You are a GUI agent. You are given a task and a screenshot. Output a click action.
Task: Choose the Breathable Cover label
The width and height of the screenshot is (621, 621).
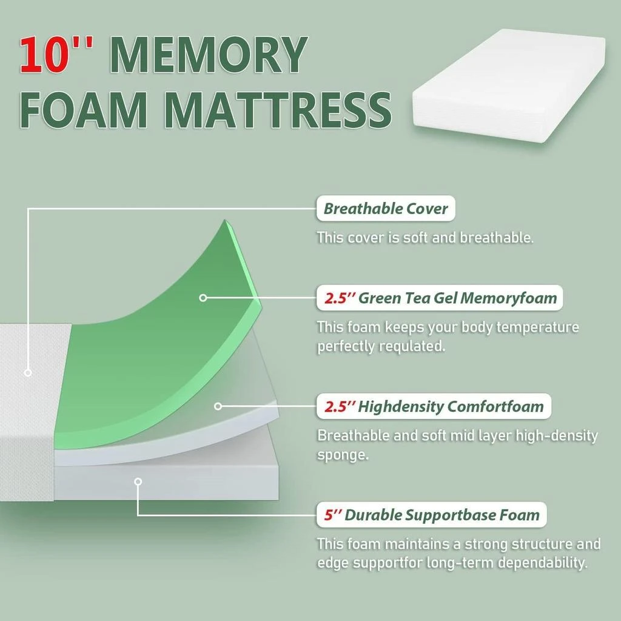click(x=386, y=209)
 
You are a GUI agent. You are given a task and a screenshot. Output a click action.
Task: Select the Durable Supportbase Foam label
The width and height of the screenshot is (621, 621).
click(x=431, y=515)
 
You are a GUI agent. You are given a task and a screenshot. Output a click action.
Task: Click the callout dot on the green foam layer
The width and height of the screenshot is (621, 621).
click(x=203, y=298)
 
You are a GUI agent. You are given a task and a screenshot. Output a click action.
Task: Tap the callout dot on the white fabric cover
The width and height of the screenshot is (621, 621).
click(x=27, y=372)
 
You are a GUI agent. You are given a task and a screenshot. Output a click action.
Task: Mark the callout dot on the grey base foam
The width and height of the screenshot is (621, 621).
click(x=138, y=482)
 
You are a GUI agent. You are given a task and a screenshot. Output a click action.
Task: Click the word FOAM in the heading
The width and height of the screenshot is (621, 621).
click(x=84, y=110)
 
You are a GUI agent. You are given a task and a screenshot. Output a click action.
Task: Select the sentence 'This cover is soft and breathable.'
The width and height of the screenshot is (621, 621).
click(x=425, y=237)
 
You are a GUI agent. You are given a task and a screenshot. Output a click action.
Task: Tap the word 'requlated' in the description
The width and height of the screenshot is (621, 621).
click(x=412, y=347)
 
